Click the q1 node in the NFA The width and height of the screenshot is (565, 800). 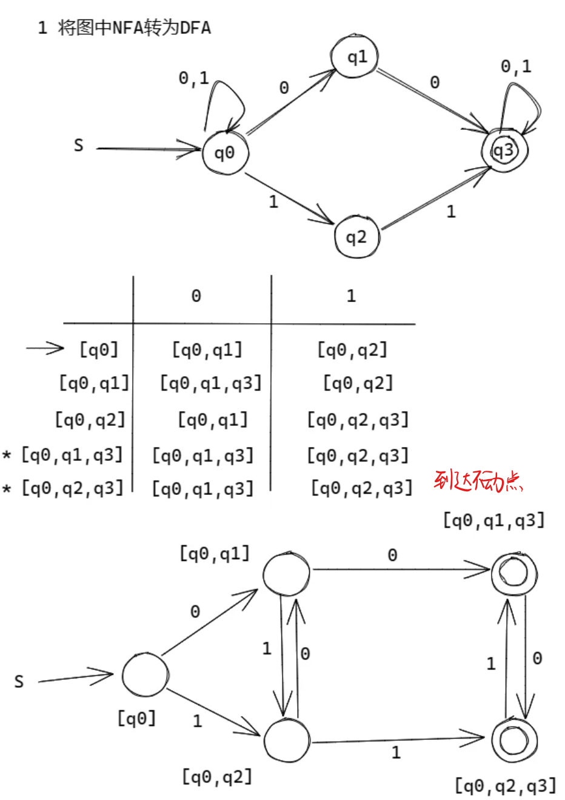click(x=355, y=57)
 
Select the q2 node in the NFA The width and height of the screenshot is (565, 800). click(x=356, y=237)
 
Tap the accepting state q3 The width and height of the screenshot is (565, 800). click(x=504, y=150)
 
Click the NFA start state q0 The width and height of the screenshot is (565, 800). click(x=225, y=153)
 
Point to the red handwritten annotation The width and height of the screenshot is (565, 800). click(x=478, y=482)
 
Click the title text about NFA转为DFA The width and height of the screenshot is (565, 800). click(x=124, y=28)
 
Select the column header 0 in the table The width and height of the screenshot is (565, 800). click(x=196, y=296)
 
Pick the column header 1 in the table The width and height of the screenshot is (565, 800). click(x=351, y=296)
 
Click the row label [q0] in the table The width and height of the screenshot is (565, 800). click(x=99, y=349)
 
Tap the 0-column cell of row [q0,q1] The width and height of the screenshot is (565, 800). click(x=210, y=383)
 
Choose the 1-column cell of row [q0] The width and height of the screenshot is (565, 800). click(x=352, y=349)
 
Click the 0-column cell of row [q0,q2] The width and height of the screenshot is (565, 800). click(x=213, y=420)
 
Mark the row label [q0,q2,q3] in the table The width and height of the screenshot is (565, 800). click(x=72, y=488)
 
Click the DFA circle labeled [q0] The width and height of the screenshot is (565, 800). click(x=145, y=674)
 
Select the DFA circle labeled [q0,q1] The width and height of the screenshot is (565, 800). click(x=286, y=573)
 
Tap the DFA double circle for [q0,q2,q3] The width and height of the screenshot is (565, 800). click(x=514, y=741)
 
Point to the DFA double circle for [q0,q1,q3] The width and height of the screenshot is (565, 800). click(x=514, y=574)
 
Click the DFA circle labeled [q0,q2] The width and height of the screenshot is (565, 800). click(x=287, y=741)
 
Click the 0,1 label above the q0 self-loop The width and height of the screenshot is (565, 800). click(x=193, y=78)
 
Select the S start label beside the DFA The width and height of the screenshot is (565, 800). click(x=19, y=682)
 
